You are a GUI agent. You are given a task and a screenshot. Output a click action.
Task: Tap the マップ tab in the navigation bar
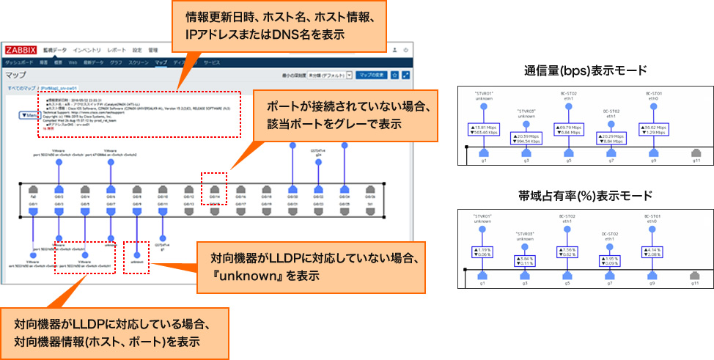pos(161,63)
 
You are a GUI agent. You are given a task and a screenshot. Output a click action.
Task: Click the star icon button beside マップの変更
pos(394,75)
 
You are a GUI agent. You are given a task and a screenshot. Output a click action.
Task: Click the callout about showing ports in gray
pos(342,114)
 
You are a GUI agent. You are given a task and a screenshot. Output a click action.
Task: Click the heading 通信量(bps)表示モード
pos(585,70)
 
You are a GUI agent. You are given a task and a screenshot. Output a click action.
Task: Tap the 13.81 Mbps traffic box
pos(483,128)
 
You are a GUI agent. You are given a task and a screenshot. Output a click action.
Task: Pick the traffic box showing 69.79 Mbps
pos(569,128)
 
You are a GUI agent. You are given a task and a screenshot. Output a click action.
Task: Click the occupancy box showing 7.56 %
pos(569,253)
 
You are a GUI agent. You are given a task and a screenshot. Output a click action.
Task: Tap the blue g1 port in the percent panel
pos(483,276)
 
